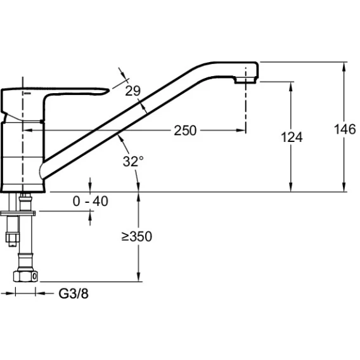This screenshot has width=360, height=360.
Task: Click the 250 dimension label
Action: (185, 131)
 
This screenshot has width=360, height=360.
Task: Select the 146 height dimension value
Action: (345, 129)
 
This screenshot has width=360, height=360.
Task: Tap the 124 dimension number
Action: (292, 137)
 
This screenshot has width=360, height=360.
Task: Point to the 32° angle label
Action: (133, 161)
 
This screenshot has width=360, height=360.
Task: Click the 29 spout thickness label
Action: (132, 91)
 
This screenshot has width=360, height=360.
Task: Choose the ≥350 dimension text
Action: (137, 236)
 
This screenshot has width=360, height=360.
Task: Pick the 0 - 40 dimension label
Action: (90, 201)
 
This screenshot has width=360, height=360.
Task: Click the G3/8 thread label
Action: (74, 293)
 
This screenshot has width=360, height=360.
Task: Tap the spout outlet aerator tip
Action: (245, 80)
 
